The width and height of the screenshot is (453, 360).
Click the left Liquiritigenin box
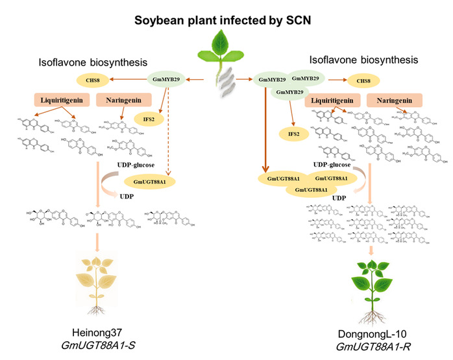click(x=62, y=101)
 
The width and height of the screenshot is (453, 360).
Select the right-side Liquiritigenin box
click(x=333, y=101)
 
